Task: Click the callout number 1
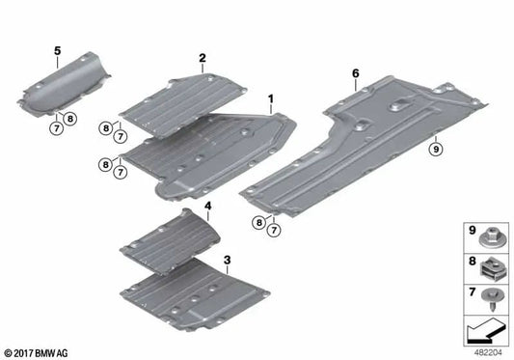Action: pyautogui.click(x=271, y=99)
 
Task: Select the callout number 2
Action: pyautogui.click(x=203, y=58)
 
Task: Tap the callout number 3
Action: pyautogui.click(x=226, y=260)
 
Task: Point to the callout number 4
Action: pyautogui.click(x=207, y=206)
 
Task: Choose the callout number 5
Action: pyautogui.click(x=57, y=49)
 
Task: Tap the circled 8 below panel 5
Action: pyautogui.click(x=71, y=119)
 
